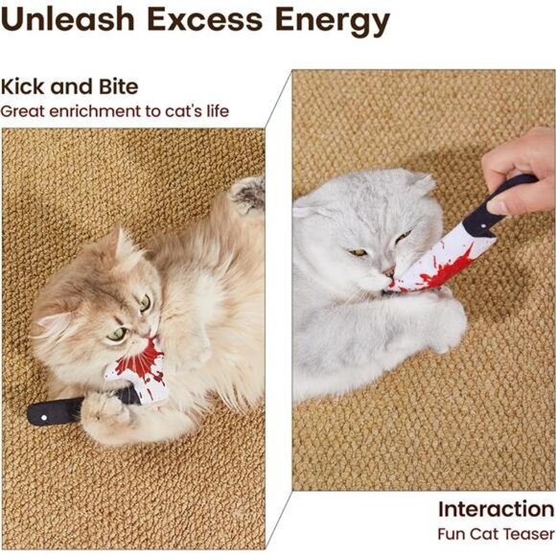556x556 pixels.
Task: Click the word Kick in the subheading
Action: click(26, 87)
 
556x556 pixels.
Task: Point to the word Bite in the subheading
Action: click(114, 87)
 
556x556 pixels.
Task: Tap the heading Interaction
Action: click(496, 508)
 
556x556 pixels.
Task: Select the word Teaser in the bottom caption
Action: click(527, 534)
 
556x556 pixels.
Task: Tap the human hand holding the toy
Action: click(521, 168)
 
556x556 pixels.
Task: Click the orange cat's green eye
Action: click(116, 335)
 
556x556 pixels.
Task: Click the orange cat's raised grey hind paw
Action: click(248, 195)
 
